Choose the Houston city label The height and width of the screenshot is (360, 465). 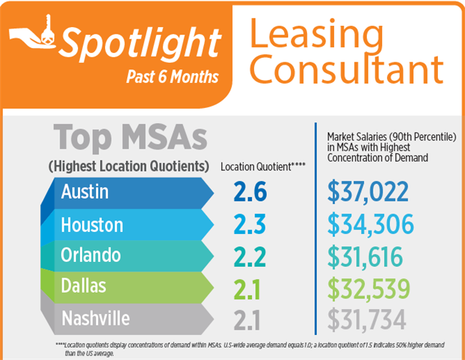pos(92,225)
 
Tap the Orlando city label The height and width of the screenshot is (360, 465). pos(91,256)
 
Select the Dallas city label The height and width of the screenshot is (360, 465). pos(84,286)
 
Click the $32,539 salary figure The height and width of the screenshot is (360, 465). pos(368,288)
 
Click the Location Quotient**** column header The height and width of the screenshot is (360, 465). pos(263,167)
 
